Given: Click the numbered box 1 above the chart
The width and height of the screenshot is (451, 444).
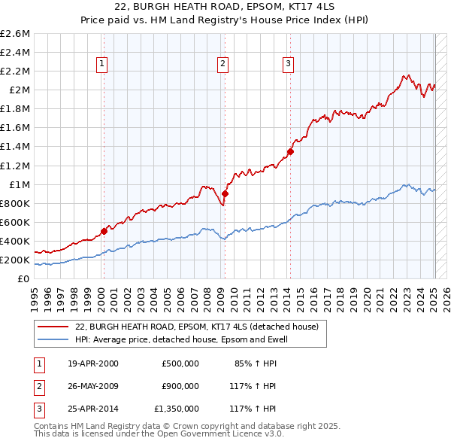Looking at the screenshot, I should tap(101, 64).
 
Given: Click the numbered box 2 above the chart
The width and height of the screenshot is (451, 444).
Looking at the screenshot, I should tap(223, 64).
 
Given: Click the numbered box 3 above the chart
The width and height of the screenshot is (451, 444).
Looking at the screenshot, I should tap(288, 64).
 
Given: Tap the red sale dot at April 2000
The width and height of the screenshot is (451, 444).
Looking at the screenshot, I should tap(104, 231).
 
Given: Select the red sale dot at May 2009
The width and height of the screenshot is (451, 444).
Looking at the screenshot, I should tap(225, 193).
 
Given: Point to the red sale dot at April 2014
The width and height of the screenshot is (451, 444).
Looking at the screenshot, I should tap(290, 151).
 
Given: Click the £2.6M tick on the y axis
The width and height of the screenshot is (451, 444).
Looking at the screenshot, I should tap(15, 34).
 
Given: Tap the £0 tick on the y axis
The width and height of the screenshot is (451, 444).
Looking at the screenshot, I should tap(24, 278).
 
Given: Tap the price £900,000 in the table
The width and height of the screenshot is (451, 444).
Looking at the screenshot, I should tap(180, 387).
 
